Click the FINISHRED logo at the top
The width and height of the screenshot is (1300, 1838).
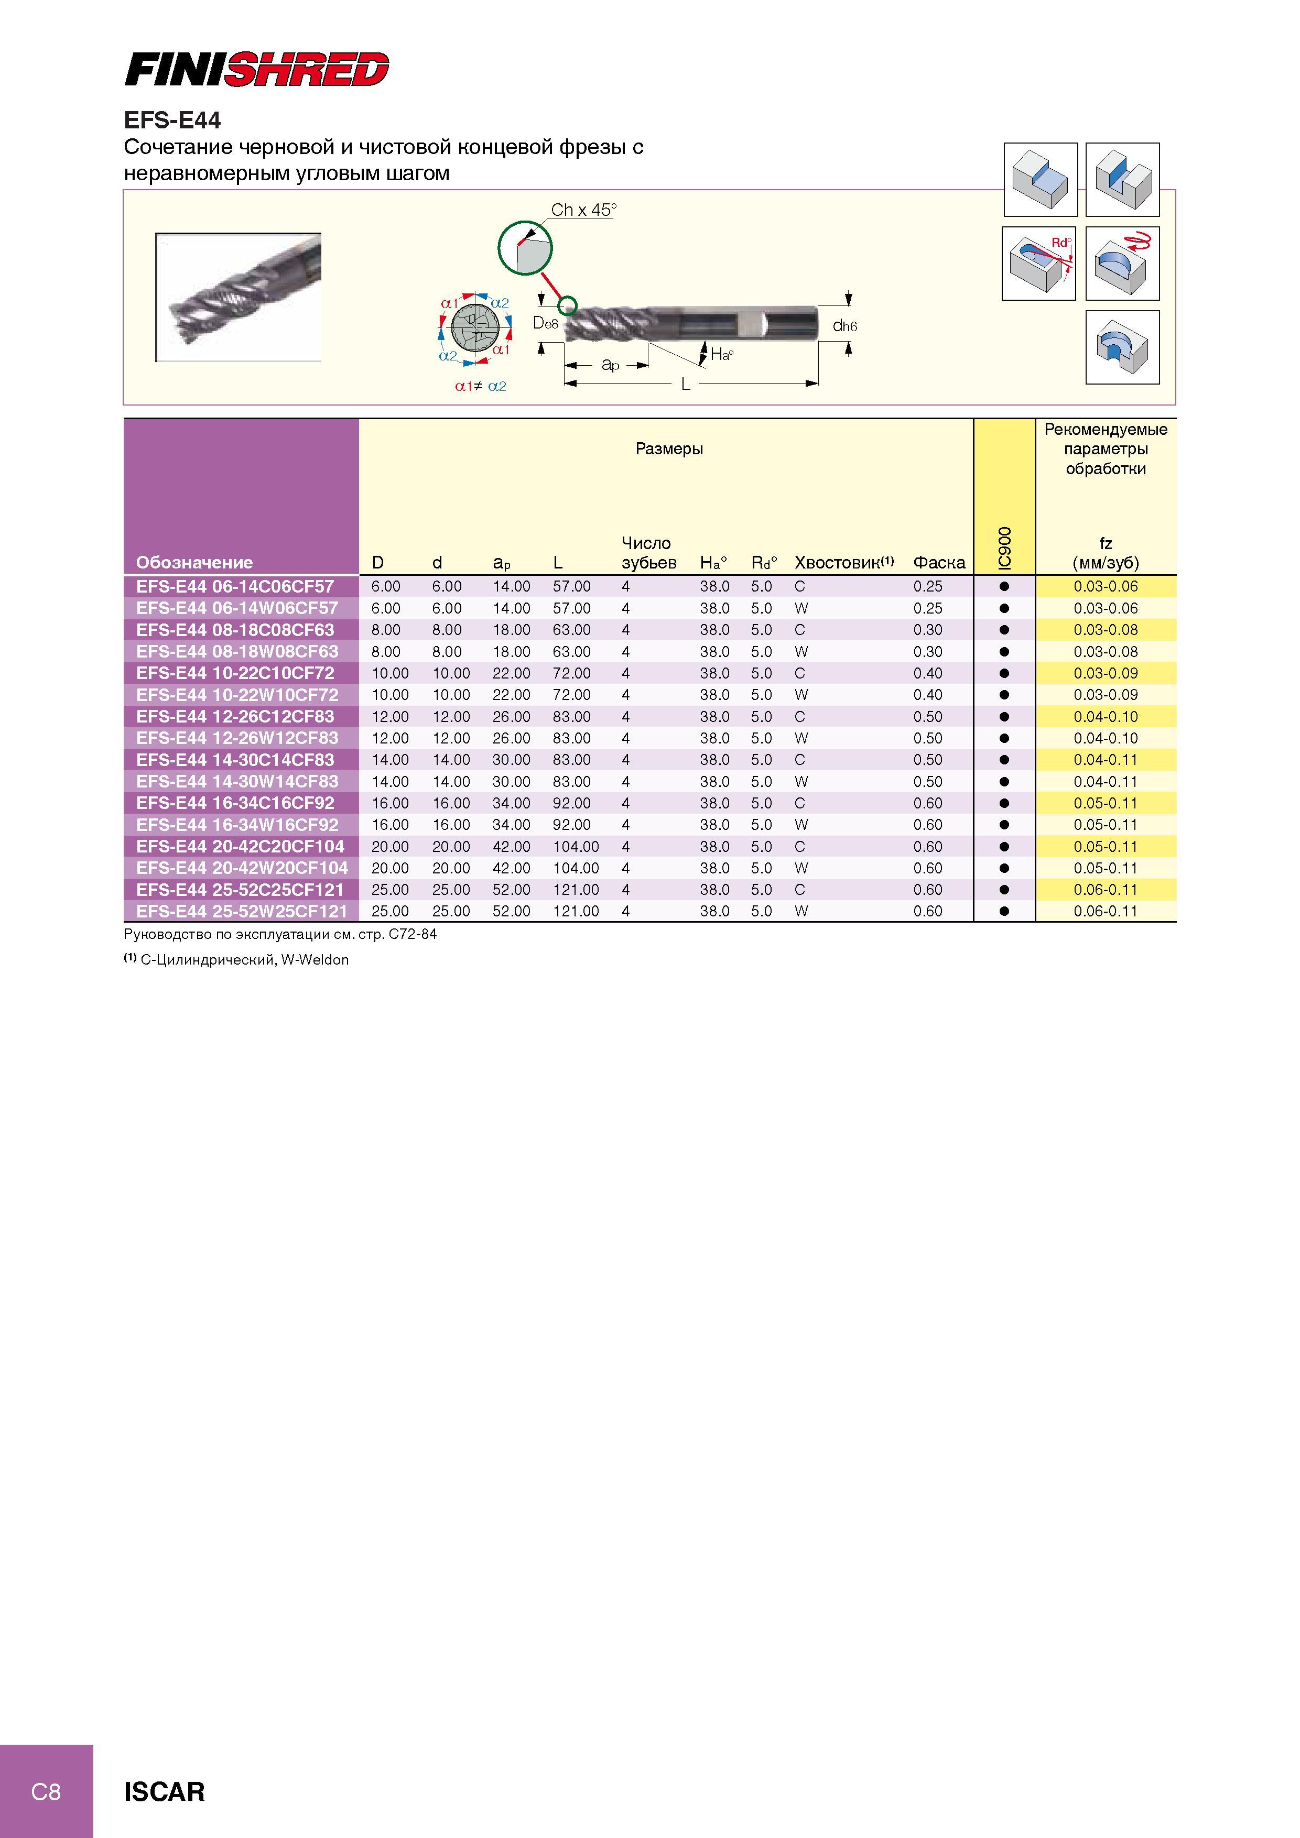click(x=257, y=70)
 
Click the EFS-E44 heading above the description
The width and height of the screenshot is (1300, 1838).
click(x=172, y=120)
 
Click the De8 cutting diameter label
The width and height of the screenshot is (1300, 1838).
click(x=546, y=323)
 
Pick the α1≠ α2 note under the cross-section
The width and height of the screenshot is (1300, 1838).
click(x=481, y=386)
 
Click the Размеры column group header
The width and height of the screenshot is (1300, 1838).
click(x=669, y=448)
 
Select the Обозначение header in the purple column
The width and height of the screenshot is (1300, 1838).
click(x=194, y=562)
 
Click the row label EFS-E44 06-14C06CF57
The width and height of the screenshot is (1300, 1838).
click(x=235, y=586)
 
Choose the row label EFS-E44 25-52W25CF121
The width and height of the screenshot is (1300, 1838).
click(x=242, y=911)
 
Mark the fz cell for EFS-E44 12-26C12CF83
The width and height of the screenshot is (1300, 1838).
click(x=1106, y=716)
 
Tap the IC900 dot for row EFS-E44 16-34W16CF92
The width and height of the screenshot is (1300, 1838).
click(x=1004, y=825)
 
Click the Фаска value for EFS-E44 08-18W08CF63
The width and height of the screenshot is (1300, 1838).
click(x=927, y=652)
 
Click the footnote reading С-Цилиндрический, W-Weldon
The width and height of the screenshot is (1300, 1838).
click(x=244, y=960)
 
